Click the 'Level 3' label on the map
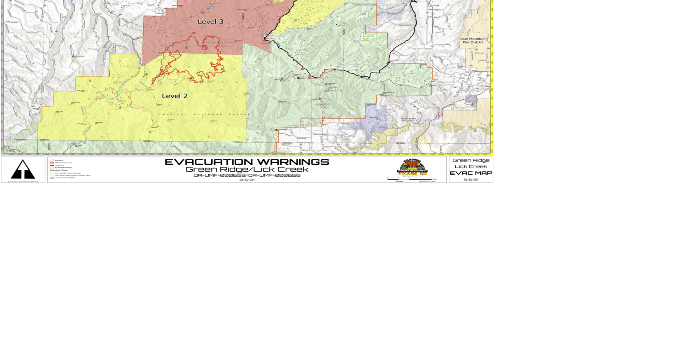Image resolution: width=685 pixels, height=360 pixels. click(x=210, y=22)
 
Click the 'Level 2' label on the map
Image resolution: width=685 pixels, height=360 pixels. click(x=175, y=96)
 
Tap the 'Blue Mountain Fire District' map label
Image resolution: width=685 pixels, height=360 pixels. click(x=473, y=40)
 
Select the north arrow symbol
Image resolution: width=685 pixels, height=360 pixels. click(x=23, y=169)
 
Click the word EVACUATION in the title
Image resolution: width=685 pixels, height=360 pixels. click(x=208, y=162)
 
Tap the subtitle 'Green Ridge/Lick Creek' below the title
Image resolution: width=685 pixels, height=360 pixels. click(x=247, y=169)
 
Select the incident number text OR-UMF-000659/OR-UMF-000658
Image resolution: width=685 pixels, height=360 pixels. click(x=247, y=175)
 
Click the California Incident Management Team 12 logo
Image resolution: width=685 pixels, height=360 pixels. click(x=412, y=168)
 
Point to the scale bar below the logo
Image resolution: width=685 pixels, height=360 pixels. click(x=410, y=179)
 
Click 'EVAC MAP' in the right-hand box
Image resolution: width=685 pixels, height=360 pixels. click(x=471, y=173)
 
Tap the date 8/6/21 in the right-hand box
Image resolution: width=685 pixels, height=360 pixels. click(x=471, y=180)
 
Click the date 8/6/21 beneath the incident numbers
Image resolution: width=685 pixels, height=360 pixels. click(x=247, y=180)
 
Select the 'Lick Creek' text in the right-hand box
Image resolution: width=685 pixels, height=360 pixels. click(x=471, y=166)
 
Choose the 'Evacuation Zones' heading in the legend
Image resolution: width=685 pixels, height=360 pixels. click(x=59, y=170)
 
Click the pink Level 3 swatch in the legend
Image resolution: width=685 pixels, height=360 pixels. click(x=52, y=178)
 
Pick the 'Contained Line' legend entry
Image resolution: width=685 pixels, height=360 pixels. click(x=59, y=165)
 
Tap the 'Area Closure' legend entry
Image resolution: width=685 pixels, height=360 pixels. click(x=58, y=160)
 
